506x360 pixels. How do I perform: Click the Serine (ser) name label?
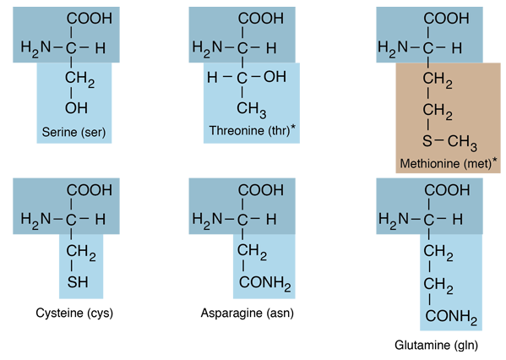coord(73,132)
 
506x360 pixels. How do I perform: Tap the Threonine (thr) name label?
coord(249,131)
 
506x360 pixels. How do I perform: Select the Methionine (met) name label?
coord(446,164)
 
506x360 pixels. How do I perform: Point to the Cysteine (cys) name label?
coord(74,313)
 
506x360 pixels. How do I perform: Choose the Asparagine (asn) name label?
coord(248,313)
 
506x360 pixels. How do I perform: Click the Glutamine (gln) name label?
coord(436,345)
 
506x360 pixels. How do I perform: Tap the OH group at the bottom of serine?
coord(76,108)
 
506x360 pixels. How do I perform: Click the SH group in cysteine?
coord(78,282)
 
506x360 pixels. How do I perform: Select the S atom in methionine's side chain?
coord(427,141)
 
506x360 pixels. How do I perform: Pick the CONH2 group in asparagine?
coord(265,283)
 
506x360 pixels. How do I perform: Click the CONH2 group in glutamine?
coord(451,317)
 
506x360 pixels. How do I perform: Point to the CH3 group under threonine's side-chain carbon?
coord(252,110)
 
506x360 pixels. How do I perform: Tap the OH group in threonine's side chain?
coord(275,77)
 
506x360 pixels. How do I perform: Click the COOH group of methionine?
coord(446,19)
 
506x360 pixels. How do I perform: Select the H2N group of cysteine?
coord(35,221)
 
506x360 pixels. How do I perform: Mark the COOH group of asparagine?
coord(261,190)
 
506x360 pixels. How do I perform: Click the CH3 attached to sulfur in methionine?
coord(462,143)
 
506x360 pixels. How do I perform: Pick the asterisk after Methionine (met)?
coord(495,160)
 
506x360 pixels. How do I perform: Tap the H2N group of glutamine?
coord(394,221)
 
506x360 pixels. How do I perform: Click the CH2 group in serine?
coord(79,79)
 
